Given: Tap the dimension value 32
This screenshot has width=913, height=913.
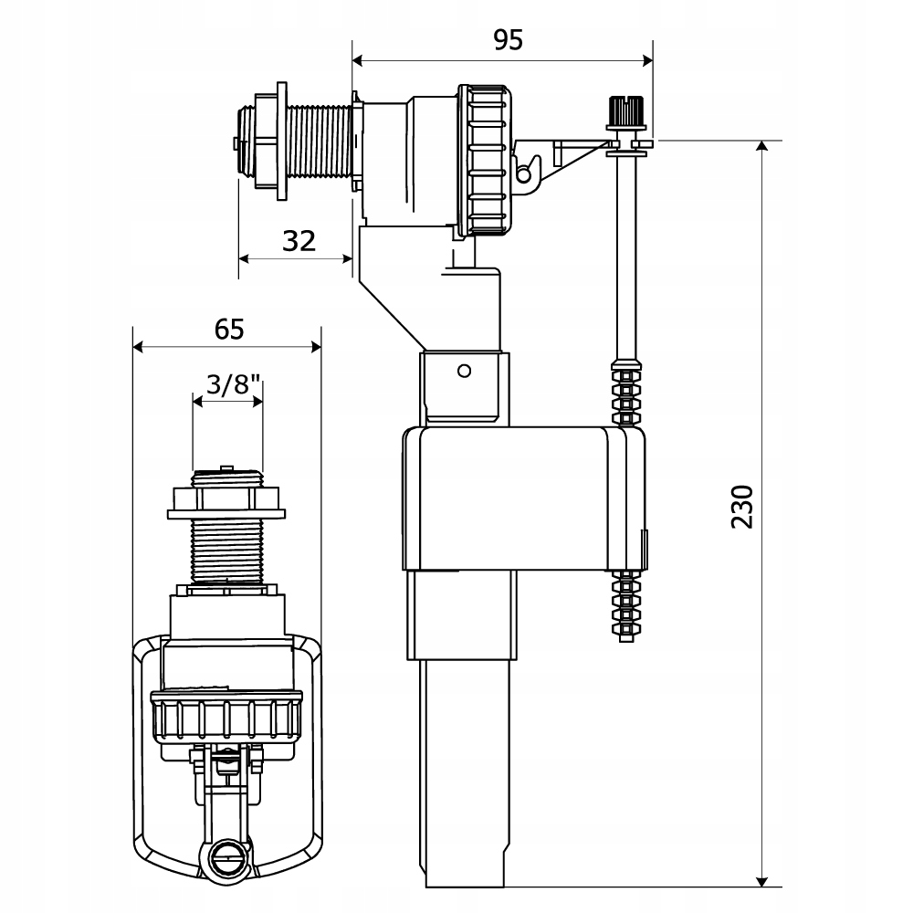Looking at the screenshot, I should [x=299, y=241].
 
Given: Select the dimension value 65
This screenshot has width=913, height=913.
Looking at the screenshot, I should [x=229, y=328].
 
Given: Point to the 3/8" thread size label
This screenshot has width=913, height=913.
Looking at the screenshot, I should [x=227, y=383].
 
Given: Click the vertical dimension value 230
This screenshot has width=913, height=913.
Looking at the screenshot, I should [x=743, y=507].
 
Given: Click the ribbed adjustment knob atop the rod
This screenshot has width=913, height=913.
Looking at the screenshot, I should [x=626, y=113].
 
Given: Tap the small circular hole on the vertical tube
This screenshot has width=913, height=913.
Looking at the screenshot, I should [x=464, y=371].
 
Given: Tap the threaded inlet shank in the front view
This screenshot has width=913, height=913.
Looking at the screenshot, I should [x=226, y=548].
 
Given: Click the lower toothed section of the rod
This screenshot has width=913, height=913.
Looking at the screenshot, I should [x=626, y=604].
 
